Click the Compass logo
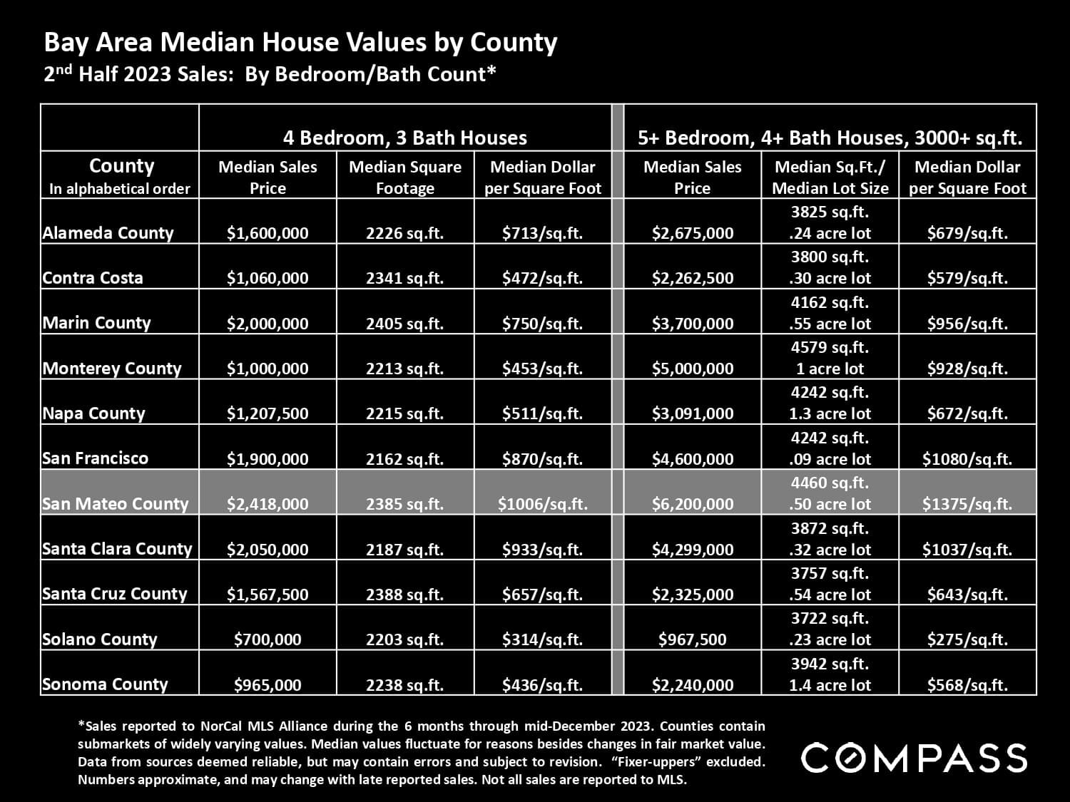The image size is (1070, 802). [914, 757]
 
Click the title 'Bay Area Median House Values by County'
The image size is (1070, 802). [300, 43]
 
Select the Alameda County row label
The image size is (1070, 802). [108, 233]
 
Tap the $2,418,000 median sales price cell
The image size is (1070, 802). [267, 504]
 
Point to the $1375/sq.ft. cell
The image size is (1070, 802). [967, 504]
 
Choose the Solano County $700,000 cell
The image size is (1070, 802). [267, 639]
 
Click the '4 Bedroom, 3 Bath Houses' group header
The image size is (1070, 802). [404, 138]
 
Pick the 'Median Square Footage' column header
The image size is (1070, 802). [404, 177]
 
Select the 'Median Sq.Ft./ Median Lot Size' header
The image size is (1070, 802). [830, 177]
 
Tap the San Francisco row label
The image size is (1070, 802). [95, 458]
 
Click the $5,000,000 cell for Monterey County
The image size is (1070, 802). [692, 369]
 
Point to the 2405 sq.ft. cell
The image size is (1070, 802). [404, 324]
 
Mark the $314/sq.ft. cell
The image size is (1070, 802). [542, 639]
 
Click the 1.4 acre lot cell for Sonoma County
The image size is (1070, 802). [830, 685]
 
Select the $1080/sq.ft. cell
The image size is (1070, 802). [967, 459]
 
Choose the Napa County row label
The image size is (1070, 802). [93, 413]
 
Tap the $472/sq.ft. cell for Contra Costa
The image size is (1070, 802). [542, 278]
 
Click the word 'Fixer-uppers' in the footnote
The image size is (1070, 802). [715, 761]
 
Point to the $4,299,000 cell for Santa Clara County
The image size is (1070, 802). [692, 550]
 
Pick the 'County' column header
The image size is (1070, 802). [121, 167]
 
